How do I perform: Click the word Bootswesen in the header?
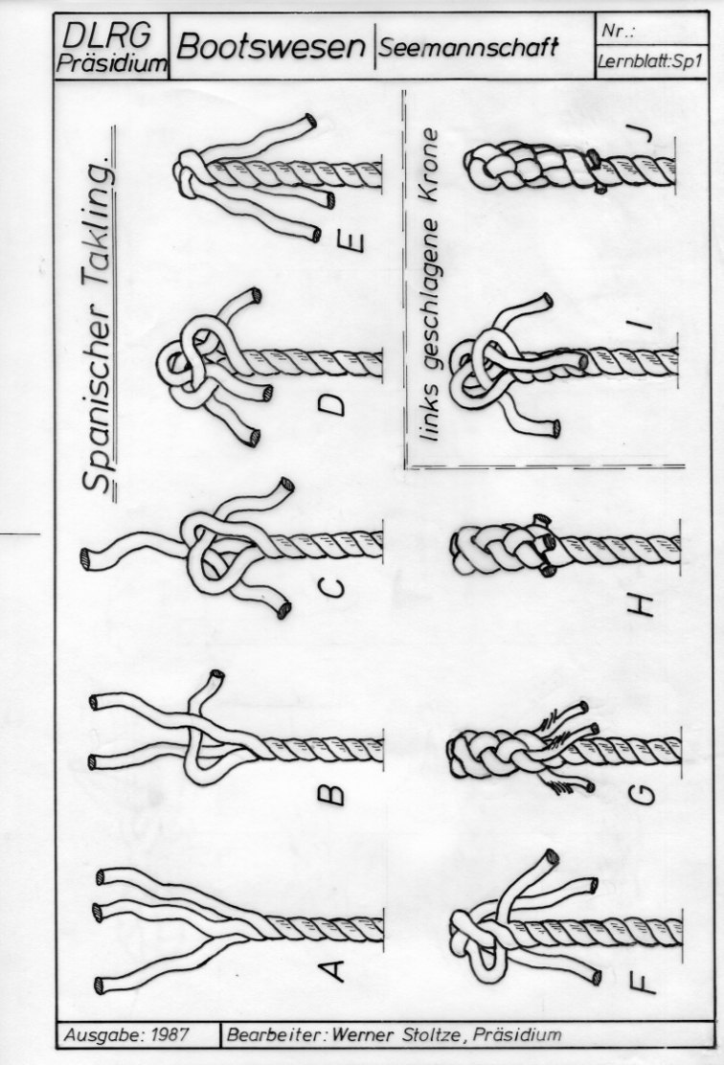[x=271, y=47]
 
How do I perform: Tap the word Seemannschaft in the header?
[x=468, y=47]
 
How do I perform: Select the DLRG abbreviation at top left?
[x=105, y=35]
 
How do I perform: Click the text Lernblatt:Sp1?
[x=649, y=62]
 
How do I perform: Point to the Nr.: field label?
[x=618, y=31]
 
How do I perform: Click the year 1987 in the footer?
[x=170, y=1035]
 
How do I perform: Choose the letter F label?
[x=643, y=981]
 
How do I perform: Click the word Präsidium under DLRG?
[x=111, y=63]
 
